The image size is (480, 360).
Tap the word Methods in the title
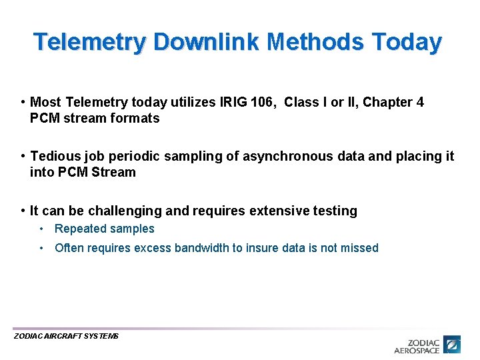[314, 42]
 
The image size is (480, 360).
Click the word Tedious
[53, 156]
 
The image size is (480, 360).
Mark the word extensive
[275, 211]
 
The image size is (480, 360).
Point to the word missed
[359, 248]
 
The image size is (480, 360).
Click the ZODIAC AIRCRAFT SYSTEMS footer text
[66, 336]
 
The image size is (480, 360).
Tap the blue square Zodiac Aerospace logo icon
[453, 344]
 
